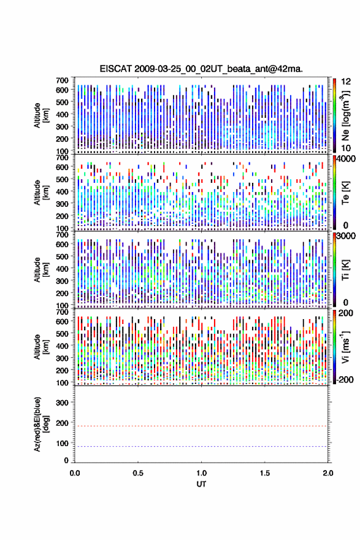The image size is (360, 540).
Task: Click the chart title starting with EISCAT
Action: [201, 69]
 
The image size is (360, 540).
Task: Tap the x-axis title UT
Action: [201, 484]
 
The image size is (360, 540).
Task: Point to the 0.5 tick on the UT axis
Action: [138, 473]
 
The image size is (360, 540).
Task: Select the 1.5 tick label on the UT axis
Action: [265, 473]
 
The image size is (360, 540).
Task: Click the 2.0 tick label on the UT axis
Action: [328, 473]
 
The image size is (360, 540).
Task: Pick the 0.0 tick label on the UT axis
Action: [75, 473]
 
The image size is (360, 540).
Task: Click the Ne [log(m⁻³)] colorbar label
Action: [345, 115]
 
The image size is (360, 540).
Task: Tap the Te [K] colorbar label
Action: [345, 193]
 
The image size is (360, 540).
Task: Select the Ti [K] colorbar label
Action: [345, 269]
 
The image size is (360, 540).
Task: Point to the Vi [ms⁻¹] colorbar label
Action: [345, 347]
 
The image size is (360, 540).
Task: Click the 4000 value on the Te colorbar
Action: [347, 159]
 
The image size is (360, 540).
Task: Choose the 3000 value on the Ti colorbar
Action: [347, 236]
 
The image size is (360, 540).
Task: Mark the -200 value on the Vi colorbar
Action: [345, 379]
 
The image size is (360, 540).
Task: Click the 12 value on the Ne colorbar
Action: [347, 82]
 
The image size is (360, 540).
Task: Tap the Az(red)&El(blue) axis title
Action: [41, 424]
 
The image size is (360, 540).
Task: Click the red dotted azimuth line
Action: [201, 426]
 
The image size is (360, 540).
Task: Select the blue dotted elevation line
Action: [201, 446]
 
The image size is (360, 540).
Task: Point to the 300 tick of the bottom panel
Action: [63, 403]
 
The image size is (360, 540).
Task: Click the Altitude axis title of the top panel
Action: [41, 115]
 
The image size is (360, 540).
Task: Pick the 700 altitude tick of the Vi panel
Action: [63, 312]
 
